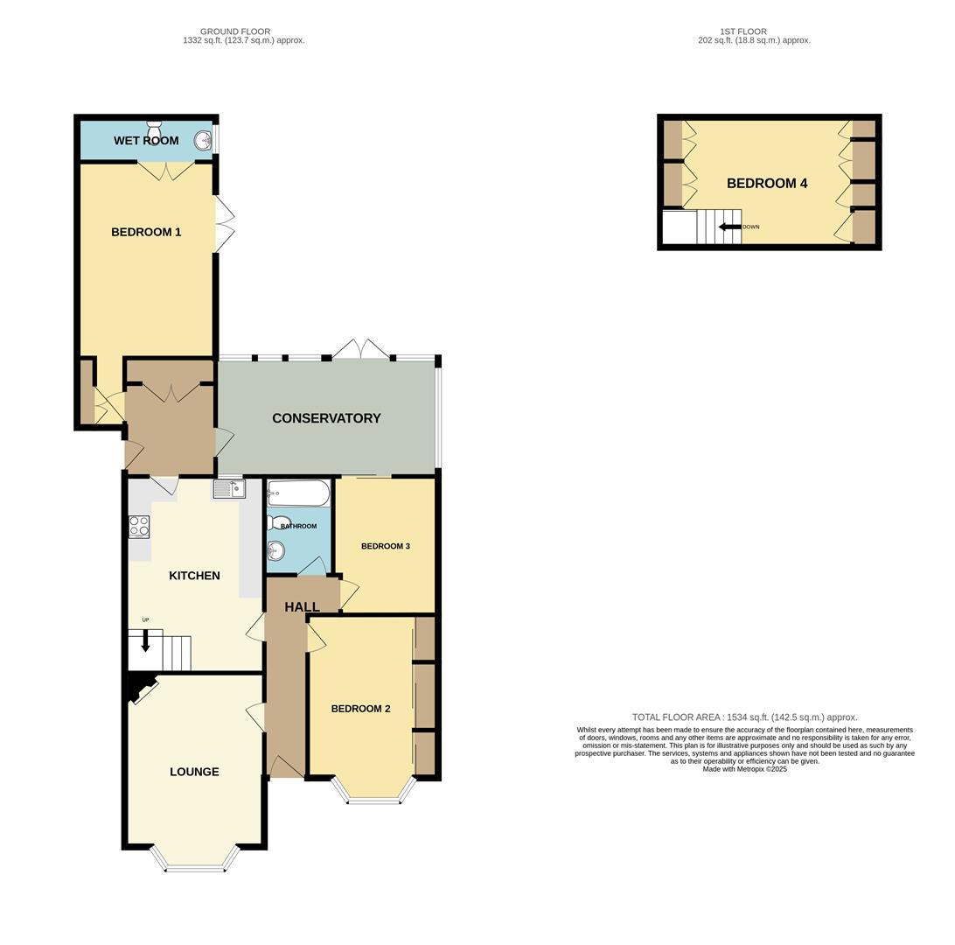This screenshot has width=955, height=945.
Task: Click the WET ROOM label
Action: tap(146, 141)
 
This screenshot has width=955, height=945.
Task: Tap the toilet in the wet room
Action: tap(154, 125)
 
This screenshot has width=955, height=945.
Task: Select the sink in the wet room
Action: tap(203, 141)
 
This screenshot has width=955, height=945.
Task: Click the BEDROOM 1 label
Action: tap(146, 232)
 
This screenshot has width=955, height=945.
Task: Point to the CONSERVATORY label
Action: tap(326, 418)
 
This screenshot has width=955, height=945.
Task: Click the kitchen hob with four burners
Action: tap(139, 527)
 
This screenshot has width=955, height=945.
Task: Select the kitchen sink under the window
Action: tap(229, 489)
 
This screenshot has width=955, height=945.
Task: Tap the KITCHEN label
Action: tap(194, 576)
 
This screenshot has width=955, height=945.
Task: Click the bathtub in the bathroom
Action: tap(298, 493)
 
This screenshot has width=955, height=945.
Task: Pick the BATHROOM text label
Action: tap(298, 526)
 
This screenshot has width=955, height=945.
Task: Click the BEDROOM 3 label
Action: tap(386, 546)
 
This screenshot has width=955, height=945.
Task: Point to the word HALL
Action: tap(302, 606)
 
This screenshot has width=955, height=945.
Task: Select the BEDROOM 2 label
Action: tap(360, 709)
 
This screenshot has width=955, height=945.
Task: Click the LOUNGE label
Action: tap(194, 772)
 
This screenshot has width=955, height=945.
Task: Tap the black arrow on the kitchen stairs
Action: tap(145, 640)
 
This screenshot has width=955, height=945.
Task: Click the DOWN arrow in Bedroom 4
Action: tap(729, 227)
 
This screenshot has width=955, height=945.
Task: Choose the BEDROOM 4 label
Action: tap(767, 184)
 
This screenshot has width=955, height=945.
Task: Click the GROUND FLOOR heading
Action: tap(235, 31)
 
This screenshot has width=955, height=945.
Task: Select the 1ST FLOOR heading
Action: tap(742, 31)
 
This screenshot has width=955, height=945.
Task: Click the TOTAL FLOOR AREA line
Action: tap(744, 717)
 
